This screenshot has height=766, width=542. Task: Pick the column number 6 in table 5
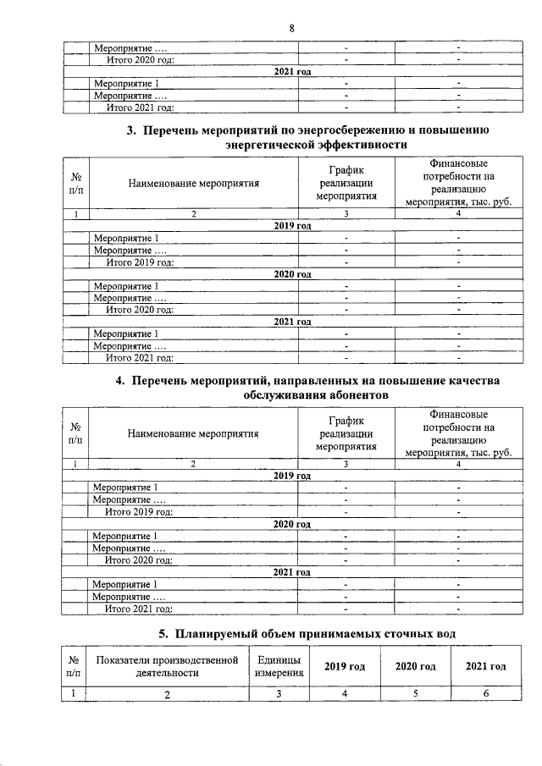point(486,694)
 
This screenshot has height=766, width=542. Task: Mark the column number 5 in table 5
point(415,694)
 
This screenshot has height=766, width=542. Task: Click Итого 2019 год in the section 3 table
point(140,262)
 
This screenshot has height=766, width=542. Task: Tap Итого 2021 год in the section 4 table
point(139,609)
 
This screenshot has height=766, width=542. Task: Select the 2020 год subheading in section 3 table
point(293,274)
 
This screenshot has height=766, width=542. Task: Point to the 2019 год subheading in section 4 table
point(293,476)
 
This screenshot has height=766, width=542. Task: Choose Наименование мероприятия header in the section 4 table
point(193,433)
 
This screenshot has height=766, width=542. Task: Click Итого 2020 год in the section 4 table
point(139,560)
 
